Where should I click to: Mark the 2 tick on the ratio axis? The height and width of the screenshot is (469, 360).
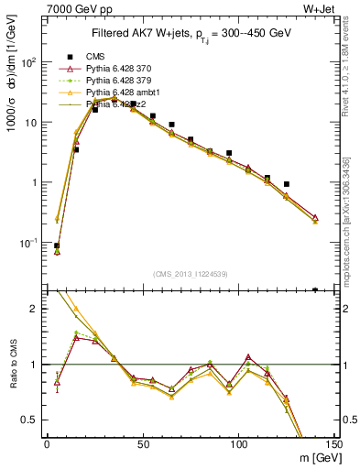[38, 310]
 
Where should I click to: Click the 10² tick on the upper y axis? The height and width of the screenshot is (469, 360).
[31, 62]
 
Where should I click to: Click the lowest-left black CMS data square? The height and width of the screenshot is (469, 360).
[57, 245]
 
